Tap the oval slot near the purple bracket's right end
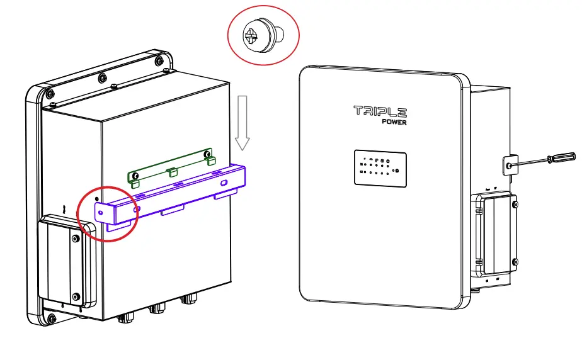224,183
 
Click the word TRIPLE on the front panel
380,111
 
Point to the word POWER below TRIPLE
394,122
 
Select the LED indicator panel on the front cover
379,167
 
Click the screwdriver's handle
561,158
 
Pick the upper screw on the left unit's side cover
76,239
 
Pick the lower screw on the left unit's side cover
76,296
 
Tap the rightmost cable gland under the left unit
187,301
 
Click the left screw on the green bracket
134,175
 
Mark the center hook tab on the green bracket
170,171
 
